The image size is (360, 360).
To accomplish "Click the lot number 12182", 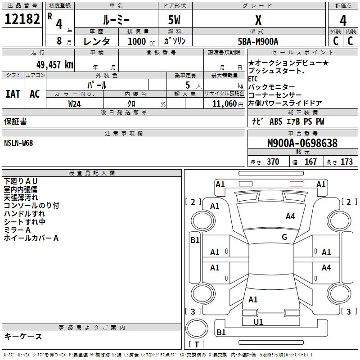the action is [x=22, y=18].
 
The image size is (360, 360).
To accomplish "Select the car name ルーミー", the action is [x=116, y=20].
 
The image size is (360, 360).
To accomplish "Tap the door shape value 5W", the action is [x=175, y=20].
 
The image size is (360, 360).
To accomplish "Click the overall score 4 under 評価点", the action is [x=343, y=20].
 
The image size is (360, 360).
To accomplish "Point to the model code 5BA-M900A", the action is [x=258, y=41].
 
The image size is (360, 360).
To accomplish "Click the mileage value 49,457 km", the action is [x=54, y=64].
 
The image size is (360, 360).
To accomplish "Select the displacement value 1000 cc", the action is [x=141, y=41].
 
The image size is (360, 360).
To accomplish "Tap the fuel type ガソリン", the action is [x=175, y=41].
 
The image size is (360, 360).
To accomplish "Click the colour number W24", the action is [x=74, y=104].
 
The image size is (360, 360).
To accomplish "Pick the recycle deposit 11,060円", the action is [x=228, y=104].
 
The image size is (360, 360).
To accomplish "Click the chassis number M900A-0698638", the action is [x=302, y=143].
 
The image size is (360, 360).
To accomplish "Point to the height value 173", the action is [x=346, y=162].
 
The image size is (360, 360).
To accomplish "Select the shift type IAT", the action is [x=13, y=94].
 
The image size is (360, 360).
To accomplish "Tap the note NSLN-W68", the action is [x=18, y=143].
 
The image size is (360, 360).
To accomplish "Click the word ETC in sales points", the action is [x=253, y=79].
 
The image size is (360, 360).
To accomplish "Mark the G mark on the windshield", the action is [x=284, y=237].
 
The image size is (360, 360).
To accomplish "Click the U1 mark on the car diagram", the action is [x=258, y=322].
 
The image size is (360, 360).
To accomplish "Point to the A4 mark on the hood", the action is [x=290, y=216].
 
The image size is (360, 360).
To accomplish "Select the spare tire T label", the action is [x=197, y=344].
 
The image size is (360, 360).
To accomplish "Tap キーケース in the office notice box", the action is [x=23, y=336].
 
